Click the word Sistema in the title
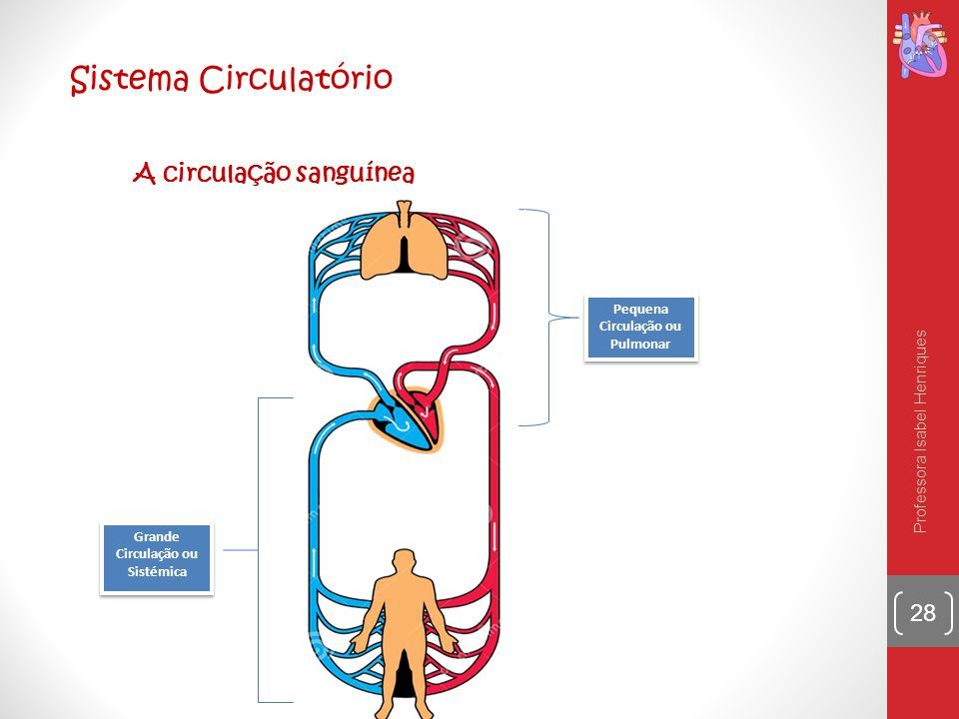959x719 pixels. pyautogui.click(x=129, y=79)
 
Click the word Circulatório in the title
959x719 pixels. pyautogui.click(x=296, y=78)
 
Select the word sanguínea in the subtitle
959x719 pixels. pyautogui.click(x=356, y=173)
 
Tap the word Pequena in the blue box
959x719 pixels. pyautogui.click(x=640, y=309)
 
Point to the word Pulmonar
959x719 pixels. pyautogui.click(x=640, y=344)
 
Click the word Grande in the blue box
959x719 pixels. pyautogui.click(x=157, y=536)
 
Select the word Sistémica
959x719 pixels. pyautogui.click(x=157, y=571)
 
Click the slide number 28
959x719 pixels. pyautogui.click(x=923, y=612)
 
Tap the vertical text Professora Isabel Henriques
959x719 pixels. pyautogui.click(x=920, y=431)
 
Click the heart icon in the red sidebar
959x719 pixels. pyautogui.click(x=921, y=45)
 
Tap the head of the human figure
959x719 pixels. pyautogui.click(x=404, y=561)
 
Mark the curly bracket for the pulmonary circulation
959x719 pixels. pyautogui.click(x=548, y=318)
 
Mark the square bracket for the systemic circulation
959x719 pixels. pyautogui.click(x=259, y=549)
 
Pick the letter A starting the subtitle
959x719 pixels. pyautogui.click(x=144, y=173)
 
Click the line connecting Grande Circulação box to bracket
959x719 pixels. pyautogui.click(x=241, y=550)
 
